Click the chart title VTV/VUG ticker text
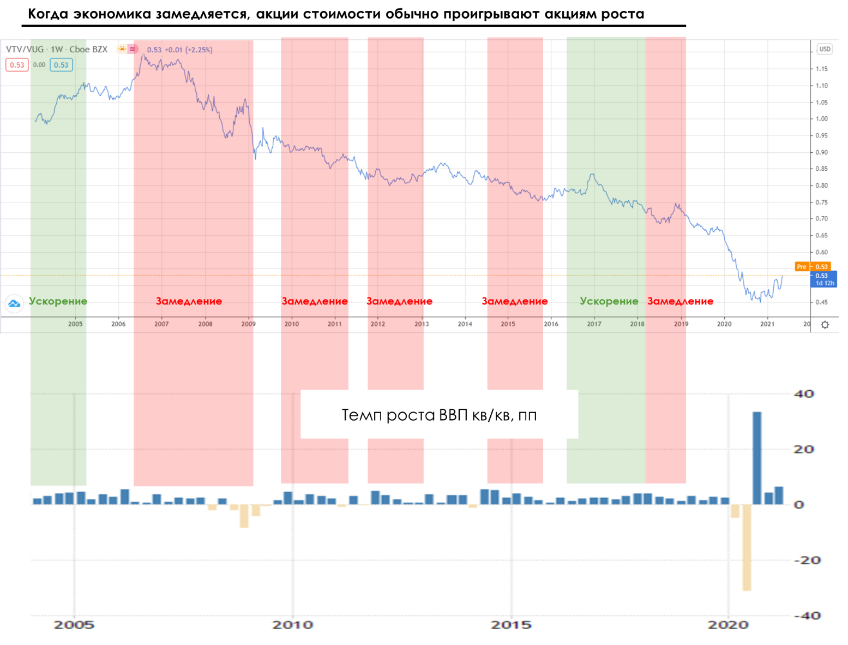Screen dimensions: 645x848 click(25, 49)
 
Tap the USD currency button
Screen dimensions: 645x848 click(825, 49)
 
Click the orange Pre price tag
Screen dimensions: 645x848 click(801, 267)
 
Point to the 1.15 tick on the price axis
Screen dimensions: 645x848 click(821, 69)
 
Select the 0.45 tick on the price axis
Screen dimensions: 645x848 click(821, 302)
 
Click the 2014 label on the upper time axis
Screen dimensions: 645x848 click(465, 324)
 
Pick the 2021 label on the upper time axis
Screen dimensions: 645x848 click(767, 324)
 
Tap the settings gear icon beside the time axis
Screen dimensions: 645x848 click(825, 325)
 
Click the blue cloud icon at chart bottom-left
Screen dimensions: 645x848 click(14, 303)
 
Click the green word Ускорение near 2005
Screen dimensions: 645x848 click(58, 301)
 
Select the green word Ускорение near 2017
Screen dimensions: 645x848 click(609, 301)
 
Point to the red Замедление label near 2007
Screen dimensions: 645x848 click(189, 301)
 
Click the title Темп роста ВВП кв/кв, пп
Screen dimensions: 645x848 click(439, 415)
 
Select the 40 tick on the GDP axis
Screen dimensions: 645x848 click(804, 394)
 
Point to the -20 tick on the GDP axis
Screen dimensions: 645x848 click(807, 560)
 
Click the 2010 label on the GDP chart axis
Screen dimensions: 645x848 click(293, 625)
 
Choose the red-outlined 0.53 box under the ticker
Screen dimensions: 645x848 click(17, 65)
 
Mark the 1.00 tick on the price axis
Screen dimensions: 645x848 click(821, 119)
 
